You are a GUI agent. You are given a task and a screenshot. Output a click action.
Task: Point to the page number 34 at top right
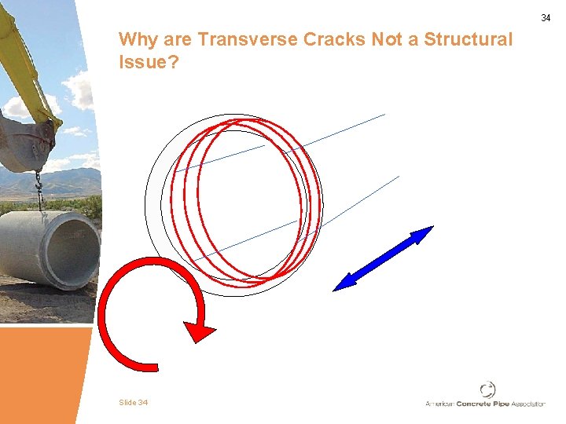pos(546,18)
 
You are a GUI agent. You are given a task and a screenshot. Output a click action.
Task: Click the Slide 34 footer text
pos(133,403)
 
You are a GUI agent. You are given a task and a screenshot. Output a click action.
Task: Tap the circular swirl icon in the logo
pos(487,389)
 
